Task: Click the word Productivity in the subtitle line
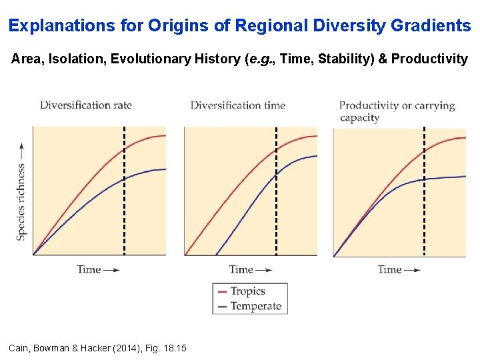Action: point(429,59)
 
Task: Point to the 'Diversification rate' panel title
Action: point(86,105)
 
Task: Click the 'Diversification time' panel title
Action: point(238,105)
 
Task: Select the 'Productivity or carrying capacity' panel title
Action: point(397,111)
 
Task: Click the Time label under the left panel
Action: point(89,269)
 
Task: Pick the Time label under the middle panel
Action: point(241,269)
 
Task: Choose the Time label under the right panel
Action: point(389,269)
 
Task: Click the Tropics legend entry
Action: point(247,291)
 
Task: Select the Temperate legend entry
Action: point(255,306)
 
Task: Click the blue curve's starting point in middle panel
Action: point(216,255)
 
